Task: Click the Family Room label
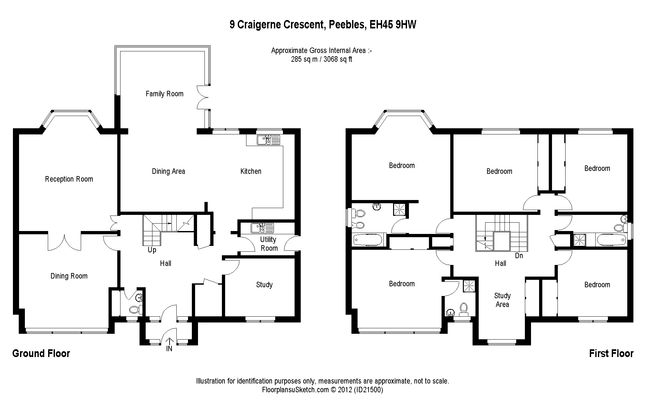[164, 94]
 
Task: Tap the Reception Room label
[69, 179]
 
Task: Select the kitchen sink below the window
[268, 140]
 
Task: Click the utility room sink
[262, 228]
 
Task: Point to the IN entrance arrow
[170, 342]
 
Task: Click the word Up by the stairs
[152, 250]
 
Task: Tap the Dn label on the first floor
[519, 256]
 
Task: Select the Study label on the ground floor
[264, 285]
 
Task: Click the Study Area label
[502, 300]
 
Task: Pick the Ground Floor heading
[41, 353]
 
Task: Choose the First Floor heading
[611, 353]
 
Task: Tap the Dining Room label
[69, 276]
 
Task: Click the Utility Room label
[269, 244]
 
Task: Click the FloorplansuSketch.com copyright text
[322, 390]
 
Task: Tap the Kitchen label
[251, 171]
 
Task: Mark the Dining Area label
[168, 171]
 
